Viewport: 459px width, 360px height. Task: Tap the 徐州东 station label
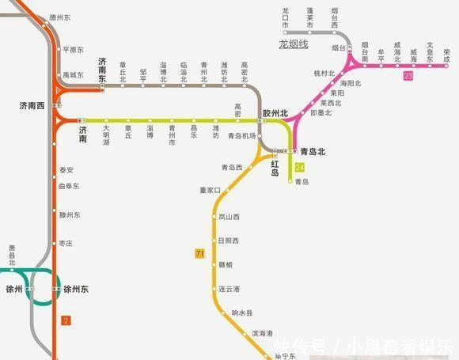coord(76,290)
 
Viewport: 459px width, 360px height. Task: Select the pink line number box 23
coord(408,76)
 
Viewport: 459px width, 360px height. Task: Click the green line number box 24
coord(300,167)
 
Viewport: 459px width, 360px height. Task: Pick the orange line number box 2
coord(66,320)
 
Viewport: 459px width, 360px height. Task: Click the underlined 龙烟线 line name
coord(293,45)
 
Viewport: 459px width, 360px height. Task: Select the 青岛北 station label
coord(313,150)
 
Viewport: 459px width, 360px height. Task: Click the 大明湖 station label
coord(106,132)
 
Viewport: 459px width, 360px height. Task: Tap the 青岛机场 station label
coord(241,136)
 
